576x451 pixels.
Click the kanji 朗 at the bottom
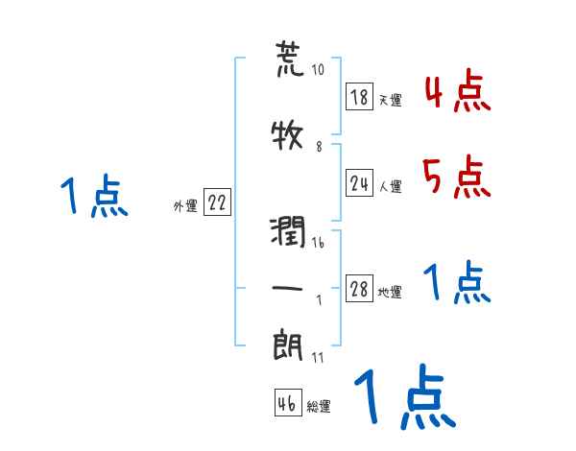point(288,346)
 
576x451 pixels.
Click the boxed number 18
point(360,97)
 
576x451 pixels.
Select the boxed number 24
point(360,183)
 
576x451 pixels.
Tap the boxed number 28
point(360,290)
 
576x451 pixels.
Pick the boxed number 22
point(217,203)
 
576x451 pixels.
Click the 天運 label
point(390,100)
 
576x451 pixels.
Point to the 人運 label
point(390,186)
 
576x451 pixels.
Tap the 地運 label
point(390,293)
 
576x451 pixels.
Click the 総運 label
point(319,406)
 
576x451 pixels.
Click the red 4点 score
point(457,93)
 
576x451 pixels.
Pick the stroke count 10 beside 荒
point(319,70)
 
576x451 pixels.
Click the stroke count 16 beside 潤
point(318,244)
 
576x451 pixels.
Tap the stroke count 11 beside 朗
point(318,357)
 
